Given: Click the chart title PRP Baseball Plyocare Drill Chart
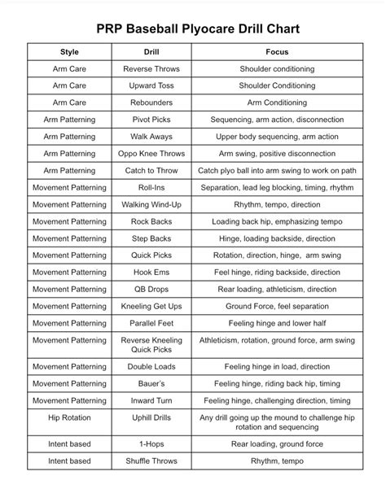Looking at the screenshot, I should click(192, 29).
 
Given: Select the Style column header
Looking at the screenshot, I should click(69, 52).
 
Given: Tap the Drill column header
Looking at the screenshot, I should click(151, 52).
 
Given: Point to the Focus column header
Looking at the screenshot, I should click(276, 52).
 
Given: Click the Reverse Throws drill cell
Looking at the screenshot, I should click(151, 69).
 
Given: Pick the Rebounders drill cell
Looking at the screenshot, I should click(151, 103).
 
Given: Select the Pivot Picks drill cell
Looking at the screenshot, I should click(151, 120).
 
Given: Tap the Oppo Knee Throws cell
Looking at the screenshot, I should click(151, 153).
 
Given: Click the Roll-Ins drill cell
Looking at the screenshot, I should click(151, 187).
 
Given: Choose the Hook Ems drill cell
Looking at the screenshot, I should click(151, 272).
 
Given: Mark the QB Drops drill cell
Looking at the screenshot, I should click(151, 289).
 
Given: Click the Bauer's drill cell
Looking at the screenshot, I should click(151, 383).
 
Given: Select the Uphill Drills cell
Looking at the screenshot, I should click(151, 417).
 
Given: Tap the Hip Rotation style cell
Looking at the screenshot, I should click(69, 417).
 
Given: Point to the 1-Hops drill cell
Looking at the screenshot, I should click(151, 444).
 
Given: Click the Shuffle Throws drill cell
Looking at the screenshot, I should click(151, 461).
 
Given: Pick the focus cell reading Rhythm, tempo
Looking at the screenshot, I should click(276, 461).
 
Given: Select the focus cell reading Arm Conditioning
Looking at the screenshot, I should click(276, 103).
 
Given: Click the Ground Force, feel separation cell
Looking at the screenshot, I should click(276, 306).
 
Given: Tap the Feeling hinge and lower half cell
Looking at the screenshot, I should click(276, 323).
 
